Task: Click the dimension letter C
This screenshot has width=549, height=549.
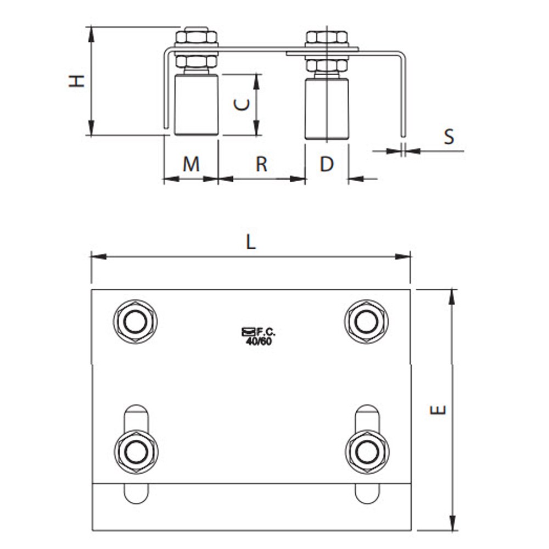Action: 242,104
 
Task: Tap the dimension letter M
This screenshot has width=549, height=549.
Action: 191,164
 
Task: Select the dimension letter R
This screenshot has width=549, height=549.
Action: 261,164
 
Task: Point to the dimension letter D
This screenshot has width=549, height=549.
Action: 327,164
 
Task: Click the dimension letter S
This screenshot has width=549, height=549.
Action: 449,137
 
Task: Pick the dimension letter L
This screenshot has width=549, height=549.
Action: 251,242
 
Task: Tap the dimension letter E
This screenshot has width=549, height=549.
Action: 438,410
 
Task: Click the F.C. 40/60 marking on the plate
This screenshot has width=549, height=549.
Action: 259,337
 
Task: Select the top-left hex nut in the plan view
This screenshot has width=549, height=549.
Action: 135,321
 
